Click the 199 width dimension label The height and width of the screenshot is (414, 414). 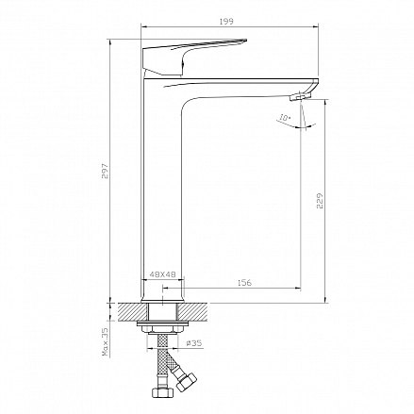tap(226, 22)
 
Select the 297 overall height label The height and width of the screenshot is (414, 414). tap(105, 171)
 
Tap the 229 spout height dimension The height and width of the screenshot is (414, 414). tap(320, 201)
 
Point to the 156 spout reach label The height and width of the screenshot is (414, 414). tap(244, 283)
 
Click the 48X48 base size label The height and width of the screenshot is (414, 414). tap(162, 274)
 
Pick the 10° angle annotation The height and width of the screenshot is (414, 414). tap(285, 118)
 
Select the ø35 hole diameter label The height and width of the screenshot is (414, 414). tap(194, 343)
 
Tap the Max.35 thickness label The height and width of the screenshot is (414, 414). tap(105, 341)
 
